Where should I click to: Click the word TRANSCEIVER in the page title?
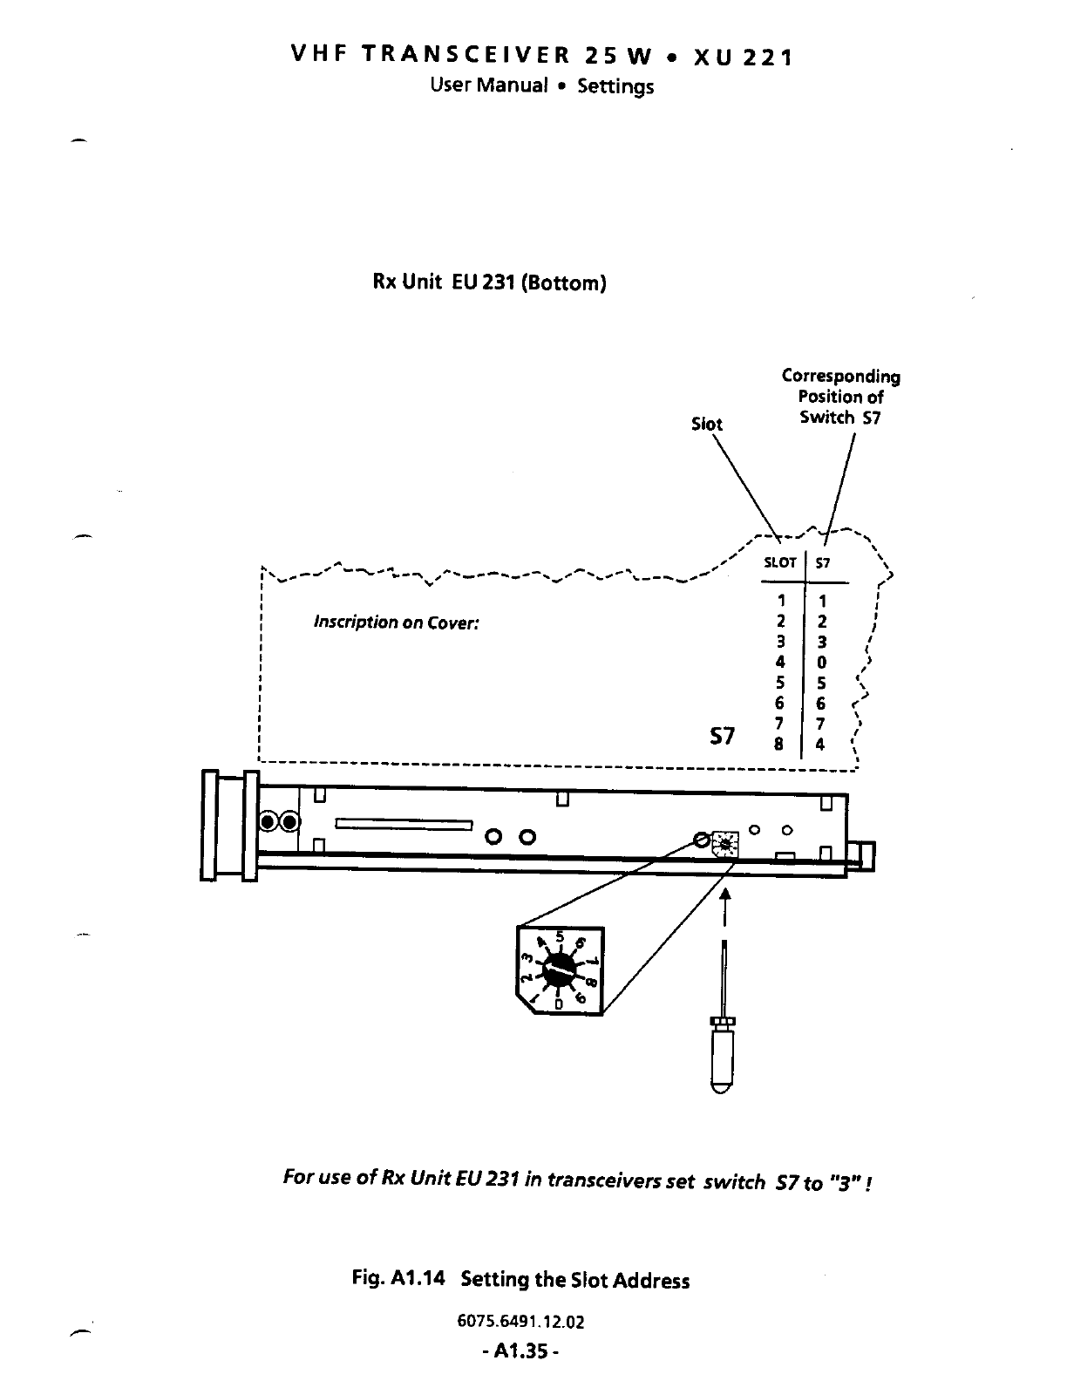[x=466, y=57]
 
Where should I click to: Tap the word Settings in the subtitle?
[x=615, y=87]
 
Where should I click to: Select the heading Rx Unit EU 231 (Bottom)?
[x=489, y=283]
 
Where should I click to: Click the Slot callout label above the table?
[x=706, y=425]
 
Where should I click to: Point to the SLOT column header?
[x=780, y=563]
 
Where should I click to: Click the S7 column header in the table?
[x=823, y=563]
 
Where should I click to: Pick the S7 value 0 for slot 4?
[x=821, y=663]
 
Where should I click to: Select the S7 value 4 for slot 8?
[x=821, y=745]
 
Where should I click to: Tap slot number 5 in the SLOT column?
[x=780, y=683]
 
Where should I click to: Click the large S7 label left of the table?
[x=723, y=737]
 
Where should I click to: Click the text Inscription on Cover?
[x=397, y=623]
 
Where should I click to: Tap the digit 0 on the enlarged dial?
[x=559, y=1004]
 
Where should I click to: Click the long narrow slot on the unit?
[x=404, y=824]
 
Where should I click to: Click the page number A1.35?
[x=520, y=1352]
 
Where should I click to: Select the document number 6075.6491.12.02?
[x=520, y=1322]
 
